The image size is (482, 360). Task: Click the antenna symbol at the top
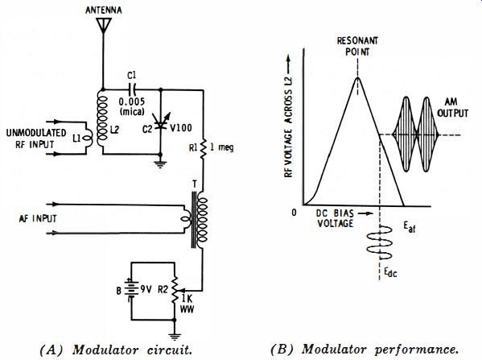point(103,25)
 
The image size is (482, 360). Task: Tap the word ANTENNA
point(104,10)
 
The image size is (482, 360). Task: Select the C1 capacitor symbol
point(132,89)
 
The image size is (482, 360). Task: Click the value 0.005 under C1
point(132,101)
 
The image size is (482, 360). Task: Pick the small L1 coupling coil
point(89,139)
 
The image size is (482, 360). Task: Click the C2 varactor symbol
point(160,124)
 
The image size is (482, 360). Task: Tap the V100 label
point(181,127)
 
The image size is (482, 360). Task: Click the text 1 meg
point(221,147)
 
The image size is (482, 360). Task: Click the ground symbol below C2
point(160,163)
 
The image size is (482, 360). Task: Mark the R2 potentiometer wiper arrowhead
point(179,291)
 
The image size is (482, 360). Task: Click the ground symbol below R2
point(175,336)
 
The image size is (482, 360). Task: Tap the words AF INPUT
point(38,218)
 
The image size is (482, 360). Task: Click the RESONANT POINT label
point(357,46)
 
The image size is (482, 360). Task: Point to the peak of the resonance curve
point(357,77)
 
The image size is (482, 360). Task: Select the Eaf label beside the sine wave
point(410,227)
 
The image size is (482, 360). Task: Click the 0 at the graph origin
point(295,213)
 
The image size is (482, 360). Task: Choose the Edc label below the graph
point(390,272)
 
